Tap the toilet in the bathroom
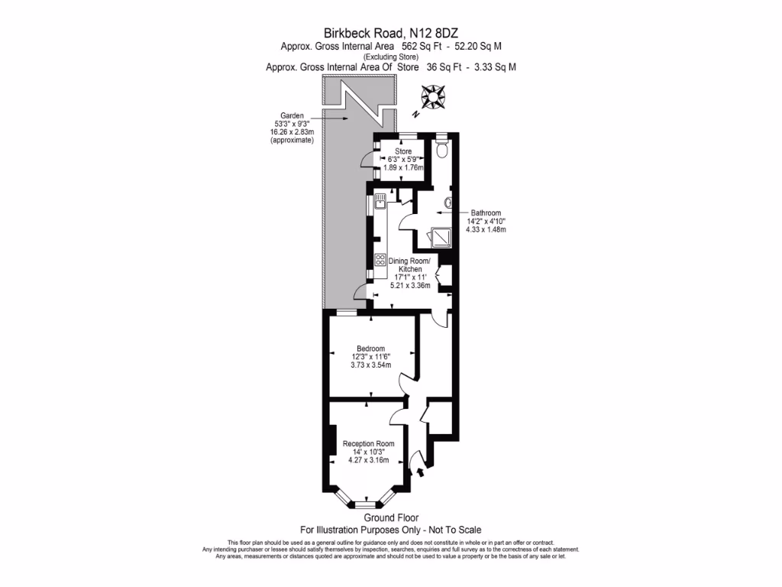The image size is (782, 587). (442, 150)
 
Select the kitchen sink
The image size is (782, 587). (380, 203)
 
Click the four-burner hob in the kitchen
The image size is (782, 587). (380, 259)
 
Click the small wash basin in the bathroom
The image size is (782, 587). (448, 203)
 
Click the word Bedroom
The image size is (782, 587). (371, 348)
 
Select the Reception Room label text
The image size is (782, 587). (368, 444)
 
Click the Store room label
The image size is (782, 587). (403, 151)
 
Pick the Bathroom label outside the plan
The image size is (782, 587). (486, 213)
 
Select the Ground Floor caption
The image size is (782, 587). (390, 518)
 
